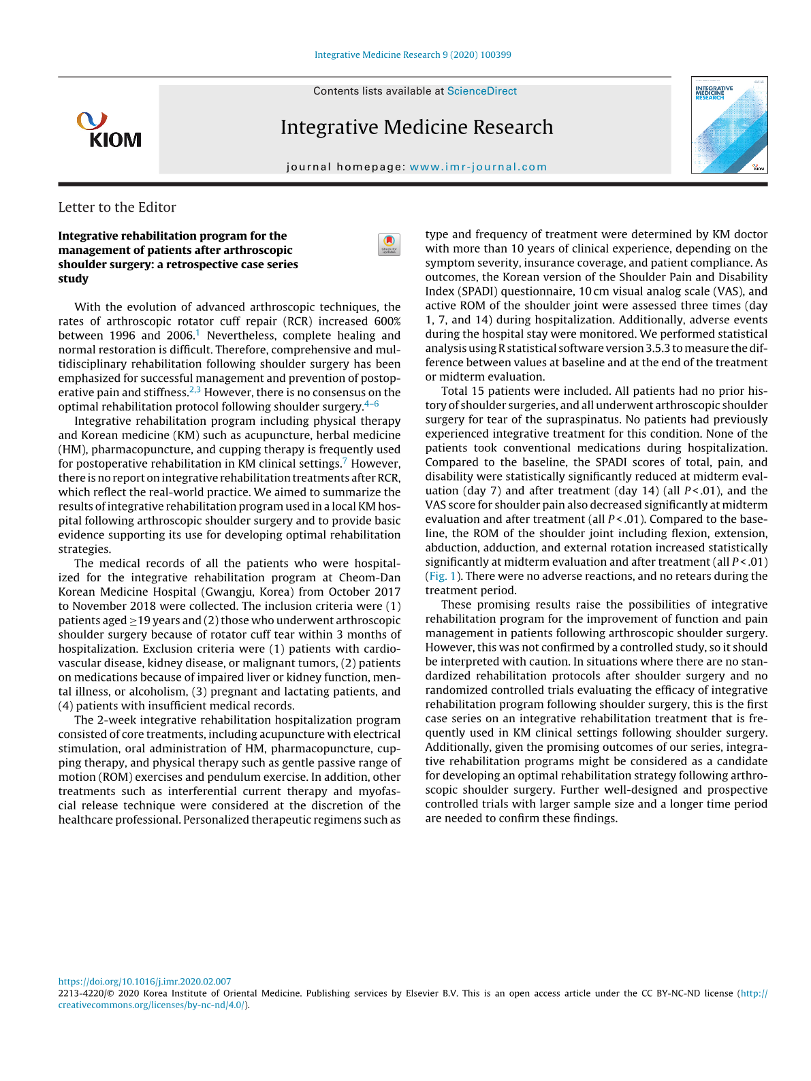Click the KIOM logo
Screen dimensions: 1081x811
pos(109,130)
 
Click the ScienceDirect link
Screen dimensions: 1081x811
pos(481,91)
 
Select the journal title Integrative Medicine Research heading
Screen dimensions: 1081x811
pos(417,127)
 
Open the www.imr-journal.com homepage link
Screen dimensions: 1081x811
pos(478,167)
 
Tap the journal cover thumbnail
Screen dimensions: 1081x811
pos(729,125)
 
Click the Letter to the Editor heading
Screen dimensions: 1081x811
pos(117,208)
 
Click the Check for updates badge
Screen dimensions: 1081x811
pos(389,244)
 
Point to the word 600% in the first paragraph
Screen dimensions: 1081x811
pos(387,321)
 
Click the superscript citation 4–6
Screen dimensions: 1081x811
pos(372,404)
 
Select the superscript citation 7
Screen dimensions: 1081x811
pos(345,462)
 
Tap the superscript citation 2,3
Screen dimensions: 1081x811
pos(195,390)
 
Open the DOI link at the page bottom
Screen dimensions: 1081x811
pos(144,982)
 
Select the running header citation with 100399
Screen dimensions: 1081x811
pos(413,54)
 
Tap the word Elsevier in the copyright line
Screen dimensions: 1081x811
pos(422,993)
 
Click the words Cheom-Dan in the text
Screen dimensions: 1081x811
pos(370,577)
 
